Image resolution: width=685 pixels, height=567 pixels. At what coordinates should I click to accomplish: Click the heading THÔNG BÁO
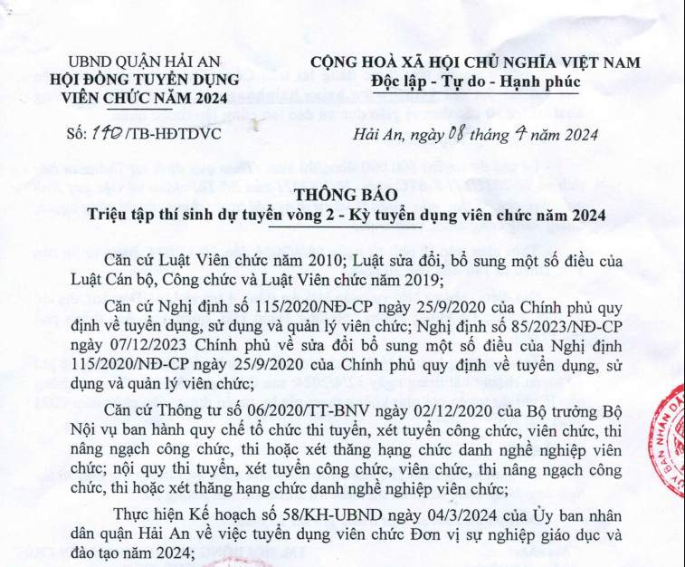click(x=345, y=197)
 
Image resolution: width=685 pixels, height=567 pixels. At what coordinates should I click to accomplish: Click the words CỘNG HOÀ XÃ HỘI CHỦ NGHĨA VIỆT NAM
click(x=475, y=62)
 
